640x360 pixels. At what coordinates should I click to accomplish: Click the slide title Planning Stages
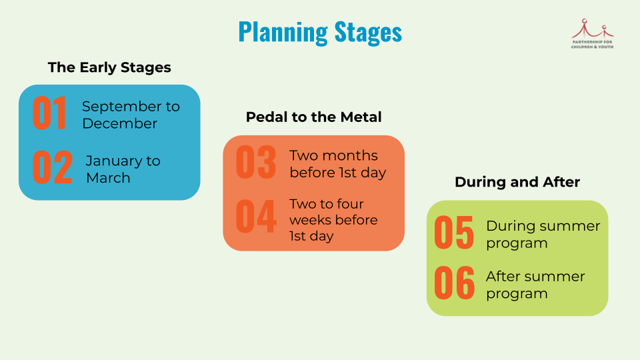(320, 32)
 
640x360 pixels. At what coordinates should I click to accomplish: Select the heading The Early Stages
(109, 67)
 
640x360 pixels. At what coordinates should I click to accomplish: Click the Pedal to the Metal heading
(313, 117)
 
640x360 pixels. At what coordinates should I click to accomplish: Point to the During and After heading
(517, 182)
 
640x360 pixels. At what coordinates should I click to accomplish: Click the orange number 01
(50, 114)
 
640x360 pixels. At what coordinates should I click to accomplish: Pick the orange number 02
(52, 168)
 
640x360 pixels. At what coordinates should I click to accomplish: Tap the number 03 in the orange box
(256, 163)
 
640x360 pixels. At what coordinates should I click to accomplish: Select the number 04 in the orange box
(256, 216)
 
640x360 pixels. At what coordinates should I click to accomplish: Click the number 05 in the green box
(454, 233)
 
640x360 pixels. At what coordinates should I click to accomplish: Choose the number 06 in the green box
(454, 283)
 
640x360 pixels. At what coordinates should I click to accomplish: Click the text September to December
(131, 115)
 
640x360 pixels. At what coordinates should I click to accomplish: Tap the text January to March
(123, 169)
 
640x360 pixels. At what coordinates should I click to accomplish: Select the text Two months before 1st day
(337, 164)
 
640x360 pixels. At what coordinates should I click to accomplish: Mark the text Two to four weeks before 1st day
(333, 220)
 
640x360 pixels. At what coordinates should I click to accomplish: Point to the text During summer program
(543, 234)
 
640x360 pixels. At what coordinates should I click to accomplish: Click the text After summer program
(535, 285)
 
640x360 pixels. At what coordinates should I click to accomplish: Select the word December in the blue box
(120, 123)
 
